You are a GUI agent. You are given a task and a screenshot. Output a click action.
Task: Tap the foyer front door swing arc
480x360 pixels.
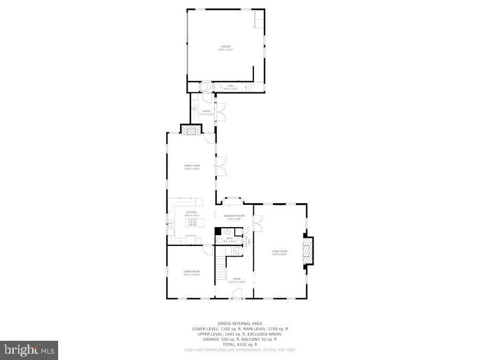pyautogui.click(x=237, y=293)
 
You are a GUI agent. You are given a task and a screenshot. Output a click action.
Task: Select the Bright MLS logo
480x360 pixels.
pyautogui.click(x=30, y=350)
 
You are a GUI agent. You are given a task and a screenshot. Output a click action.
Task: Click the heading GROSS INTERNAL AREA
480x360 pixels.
pyautogui.click(x=239, y=323)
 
